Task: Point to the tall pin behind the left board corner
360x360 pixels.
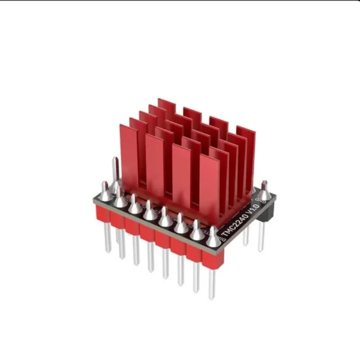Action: coord(115,171)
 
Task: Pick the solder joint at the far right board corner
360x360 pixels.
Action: coord(264,191)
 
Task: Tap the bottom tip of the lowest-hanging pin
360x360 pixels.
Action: coord(211,297)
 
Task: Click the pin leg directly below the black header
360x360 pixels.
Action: coord(262,237)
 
